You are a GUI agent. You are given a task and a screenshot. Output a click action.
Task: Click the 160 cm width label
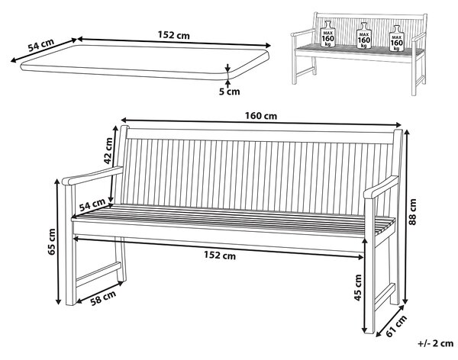coord(261,116)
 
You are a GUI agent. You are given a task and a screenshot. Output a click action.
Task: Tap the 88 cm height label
coord(412,212)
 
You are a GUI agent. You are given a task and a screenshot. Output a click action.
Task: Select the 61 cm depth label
coord(396,326)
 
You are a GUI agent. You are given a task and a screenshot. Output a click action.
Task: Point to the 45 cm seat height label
coord(358,288)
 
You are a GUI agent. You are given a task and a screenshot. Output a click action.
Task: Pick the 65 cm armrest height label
coord(52,242)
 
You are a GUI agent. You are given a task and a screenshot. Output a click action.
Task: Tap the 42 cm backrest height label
coord(108,151)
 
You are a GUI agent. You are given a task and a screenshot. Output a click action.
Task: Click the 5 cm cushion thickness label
coord(229,92)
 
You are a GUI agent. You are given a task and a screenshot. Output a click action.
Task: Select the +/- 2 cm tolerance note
coord(436,343)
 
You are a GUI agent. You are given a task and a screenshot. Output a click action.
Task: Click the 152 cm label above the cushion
coord(174,35)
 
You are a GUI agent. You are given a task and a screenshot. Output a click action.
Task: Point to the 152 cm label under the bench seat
coord(220,256)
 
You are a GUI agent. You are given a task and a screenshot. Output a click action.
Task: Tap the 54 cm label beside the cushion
coord(41,45)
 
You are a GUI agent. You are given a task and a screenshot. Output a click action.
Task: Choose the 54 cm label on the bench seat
coord(92,204)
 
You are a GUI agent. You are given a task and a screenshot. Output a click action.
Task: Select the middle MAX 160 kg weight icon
coord(364,36)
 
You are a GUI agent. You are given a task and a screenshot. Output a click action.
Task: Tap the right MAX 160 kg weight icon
coord(397,39)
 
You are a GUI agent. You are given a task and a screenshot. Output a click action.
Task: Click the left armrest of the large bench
coord(92,175)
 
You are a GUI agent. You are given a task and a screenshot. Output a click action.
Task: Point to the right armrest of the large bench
coord(381,187)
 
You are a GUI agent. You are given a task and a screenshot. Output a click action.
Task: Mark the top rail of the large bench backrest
coord(260,136)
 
